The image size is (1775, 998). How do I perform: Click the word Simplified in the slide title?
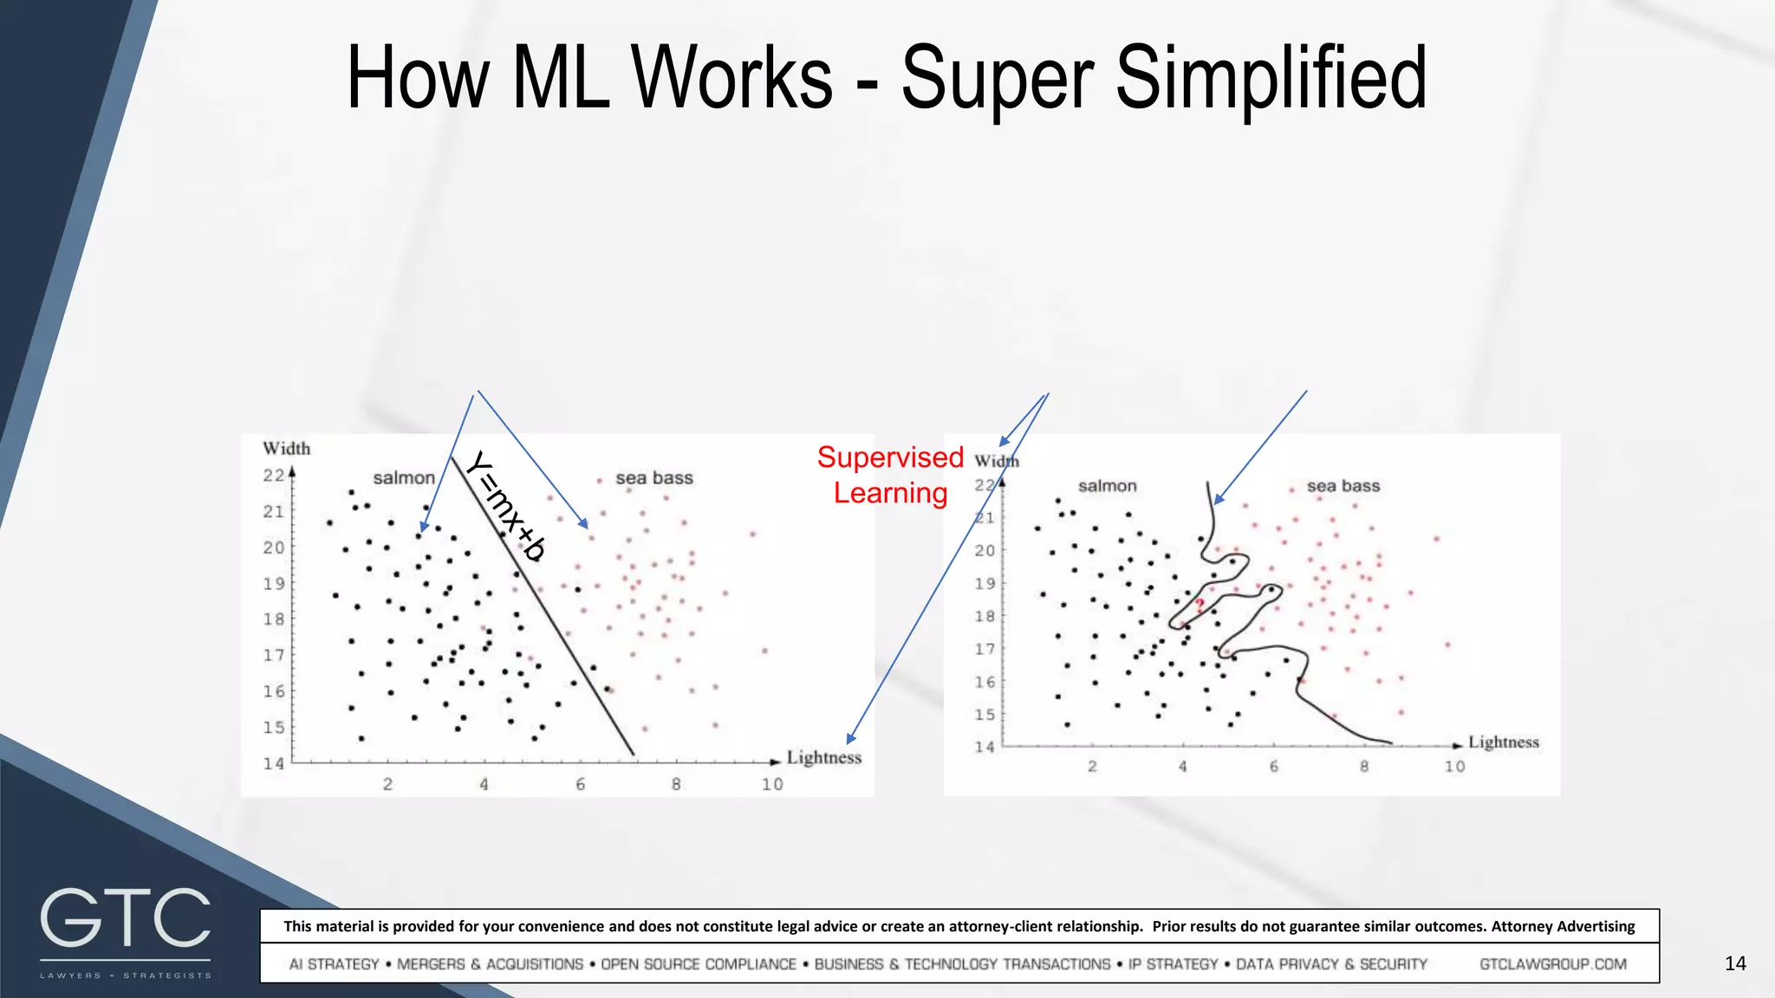click(x=1271, y=80)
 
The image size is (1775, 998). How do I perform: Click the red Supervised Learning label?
click(x=890, y=475)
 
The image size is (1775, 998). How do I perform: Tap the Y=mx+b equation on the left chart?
click(x=506, y=506)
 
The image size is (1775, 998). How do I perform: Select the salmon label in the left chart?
click(x=404, y=478)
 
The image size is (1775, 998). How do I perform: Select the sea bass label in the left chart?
click(x=654, y=478)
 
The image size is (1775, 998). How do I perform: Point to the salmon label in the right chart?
click(x=1107, y=486)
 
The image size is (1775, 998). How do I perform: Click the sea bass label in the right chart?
click(x=1343, y=486)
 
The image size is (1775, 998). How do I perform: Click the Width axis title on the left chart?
click(x=286, y=449)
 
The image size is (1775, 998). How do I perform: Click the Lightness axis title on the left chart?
click(x=824, y=758)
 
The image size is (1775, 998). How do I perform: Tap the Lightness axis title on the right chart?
click(x=1503, y=742)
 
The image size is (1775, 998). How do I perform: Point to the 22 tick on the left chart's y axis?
click(x=274, y=476)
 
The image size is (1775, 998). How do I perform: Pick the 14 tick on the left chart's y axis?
click(x=274, y=763)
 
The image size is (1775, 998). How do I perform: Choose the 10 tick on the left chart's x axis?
click(x=772, y=785)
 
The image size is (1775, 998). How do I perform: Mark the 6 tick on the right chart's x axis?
click(x=1273, y=767)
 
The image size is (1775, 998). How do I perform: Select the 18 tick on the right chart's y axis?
click(x=985, y=616)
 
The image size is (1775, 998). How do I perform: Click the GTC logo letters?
click(x=126, y=918)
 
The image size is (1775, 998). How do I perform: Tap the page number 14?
click(x=1735, y=963)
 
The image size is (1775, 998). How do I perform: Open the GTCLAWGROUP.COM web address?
click(x=1552, y=964)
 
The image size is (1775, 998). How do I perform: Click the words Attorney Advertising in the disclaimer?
click(x=1563, y=926)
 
